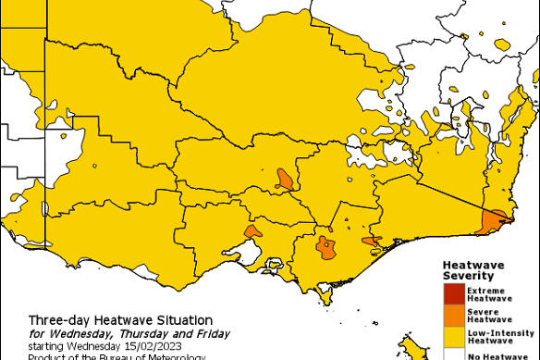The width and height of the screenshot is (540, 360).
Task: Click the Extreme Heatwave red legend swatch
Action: click(x=453, y=293)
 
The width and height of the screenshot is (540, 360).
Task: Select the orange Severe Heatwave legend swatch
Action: click(x=453, y=316)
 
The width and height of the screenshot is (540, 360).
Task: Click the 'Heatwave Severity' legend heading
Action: click(x=472, y=269)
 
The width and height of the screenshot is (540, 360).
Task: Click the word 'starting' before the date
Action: click(x=46, y=345)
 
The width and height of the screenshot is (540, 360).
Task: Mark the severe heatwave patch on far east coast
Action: click(x=491, y=220)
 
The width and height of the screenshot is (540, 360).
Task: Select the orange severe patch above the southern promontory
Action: click(x=325, y=246)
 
